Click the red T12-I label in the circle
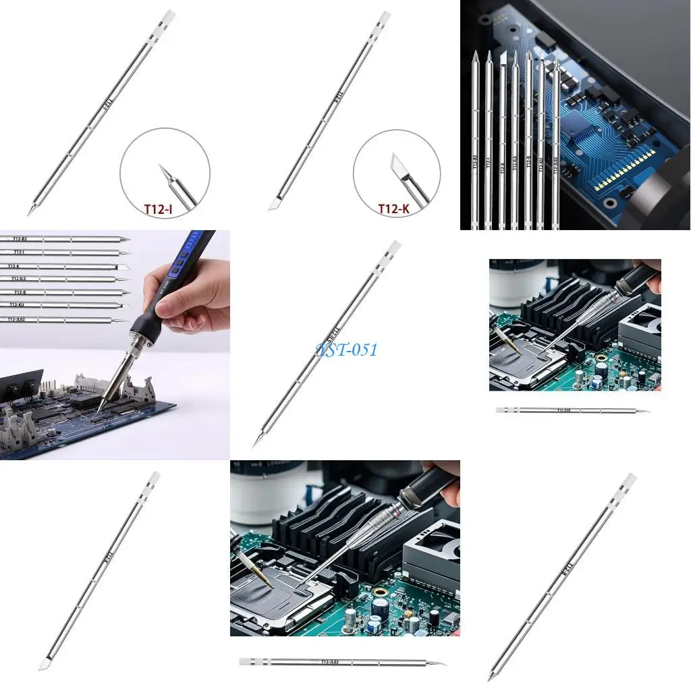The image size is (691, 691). (x=158, y=209)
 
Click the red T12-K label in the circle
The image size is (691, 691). (x=393, y=209)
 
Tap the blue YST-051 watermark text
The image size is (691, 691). (x=346, y=350)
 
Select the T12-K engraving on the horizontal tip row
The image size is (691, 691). (x=13, y=266)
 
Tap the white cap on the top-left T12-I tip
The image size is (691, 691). (x=167, y=17)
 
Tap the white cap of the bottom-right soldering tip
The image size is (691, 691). (x=629, y=481)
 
